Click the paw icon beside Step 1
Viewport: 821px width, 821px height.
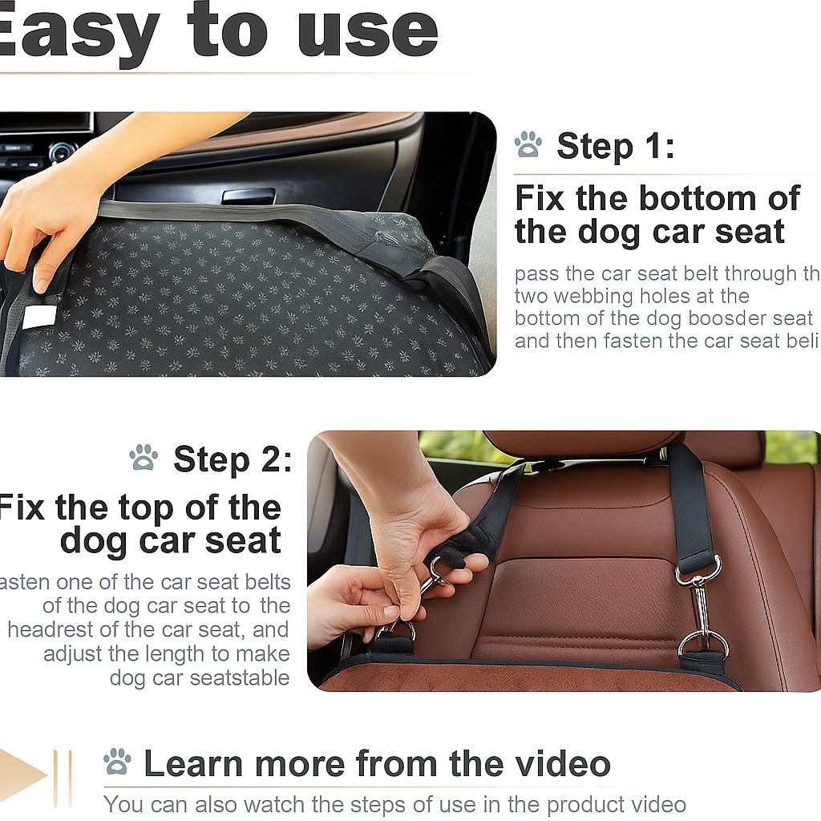click(528, 145)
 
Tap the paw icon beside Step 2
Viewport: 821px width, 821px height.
click(144, 458)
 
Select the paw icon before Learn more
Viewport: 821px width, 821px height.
click(118, 762)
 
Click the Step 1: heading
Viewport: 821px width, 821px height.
click(615, 147)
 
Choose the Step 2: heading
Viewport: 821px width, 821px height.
click(232, 459)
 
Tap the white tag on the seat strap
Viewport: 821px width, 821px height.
click(39, 317)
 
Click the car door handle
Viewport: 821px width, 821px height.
click(248, 196)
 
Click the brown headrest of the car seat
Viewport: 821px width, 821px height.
click(583, 443)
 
